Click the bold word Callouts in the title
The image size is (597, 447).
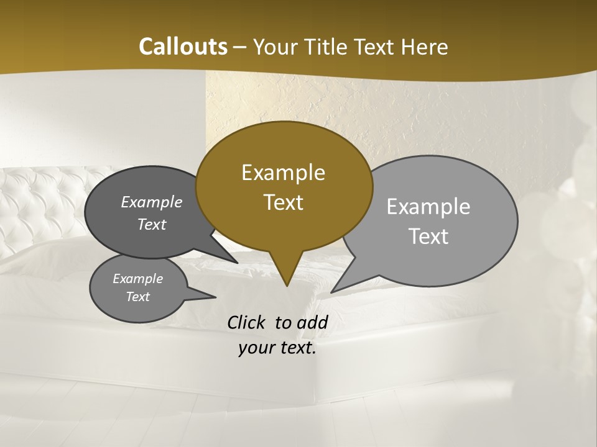[x=183, y=47]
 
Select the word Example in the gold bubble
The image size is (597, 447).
[x=283, y=173]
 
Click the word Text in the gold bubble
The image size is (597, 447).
[x=283, y=202]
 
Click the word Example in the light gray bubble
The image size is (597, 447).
[x=428, y=207]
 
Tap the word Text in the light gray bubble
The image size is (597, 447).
[x=428, y=237]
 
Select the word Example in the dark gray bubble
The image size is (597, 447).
[x=152, y=202]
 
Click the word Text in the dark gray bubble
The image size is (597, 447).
[x=152, y=224]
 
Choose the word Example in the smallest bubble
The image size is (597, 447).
[x=137, y=279]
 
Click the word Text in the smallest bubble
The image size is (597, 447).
[x=137, y=297]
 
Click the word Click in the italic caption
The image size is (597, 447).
[x=248, y=322]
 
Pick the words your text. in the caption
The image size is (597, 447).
[x=277, y=348]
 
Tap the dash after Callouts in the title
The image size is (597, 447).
[x=240, y=47]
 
